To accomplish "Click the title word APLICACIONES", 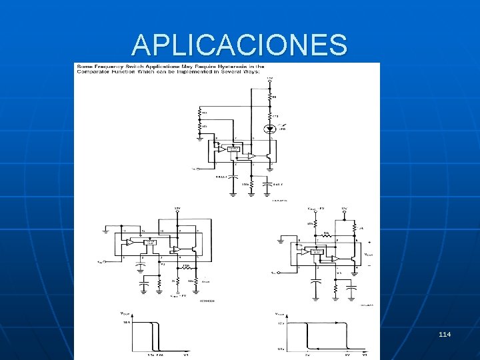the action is point(239,45).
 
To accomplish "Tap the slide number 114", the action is point(445,333).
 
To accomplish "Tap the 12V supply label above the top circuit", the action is point(269,79).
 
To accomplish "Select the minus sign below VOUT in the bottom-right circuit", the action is point(369,265).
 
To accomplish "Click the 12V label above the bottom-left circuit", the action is point(177,209).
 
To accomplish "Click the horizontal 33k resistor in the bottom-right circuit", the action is point(327,237).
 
